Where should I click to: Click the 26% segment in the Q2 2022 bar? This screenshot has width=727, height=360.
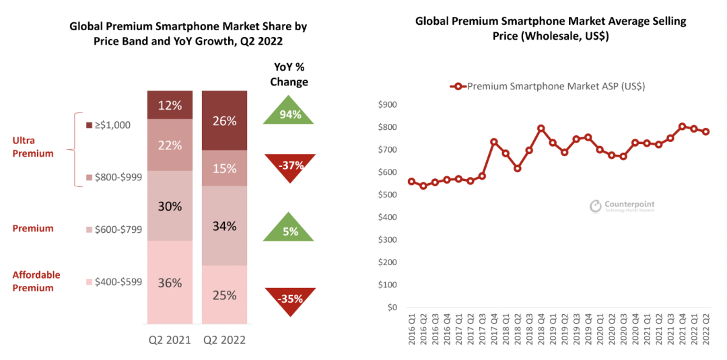coord(224,121)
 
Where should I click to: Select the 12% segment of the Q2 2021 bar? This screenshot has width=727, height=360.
coord(170,106)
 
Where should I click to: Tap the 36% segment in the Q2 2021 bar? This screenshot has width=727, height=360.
coord(170,283)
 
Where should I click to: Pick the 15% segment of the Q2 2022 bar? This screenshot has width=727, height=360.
coord(224,168)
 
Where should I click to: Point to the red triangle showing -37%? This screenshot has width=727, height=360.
coord(289,166)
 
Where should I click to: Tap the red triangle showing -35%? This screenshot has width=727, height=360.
coord(289,299)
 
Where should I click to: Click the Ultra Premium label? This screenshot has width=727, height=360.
coord(33,147)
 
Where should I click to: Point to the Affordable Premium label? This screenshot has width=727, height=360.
coord(36,281)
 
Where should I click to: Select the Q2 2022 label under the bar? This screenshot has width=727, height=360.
coord(224,340)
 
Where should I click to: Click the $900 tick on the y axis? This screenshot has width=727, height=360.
coord(388,105)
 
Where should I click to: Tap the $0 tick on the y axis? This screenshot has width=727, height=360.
coord(392,308)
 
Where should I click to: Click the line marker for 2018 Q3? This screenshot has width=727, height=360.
coord(541,129)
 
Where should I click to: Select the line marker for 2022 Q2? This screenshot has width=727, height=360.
coord(706,132)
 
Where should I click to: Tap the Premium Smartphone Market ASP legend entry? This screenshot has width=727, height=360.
coord(547,86)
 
